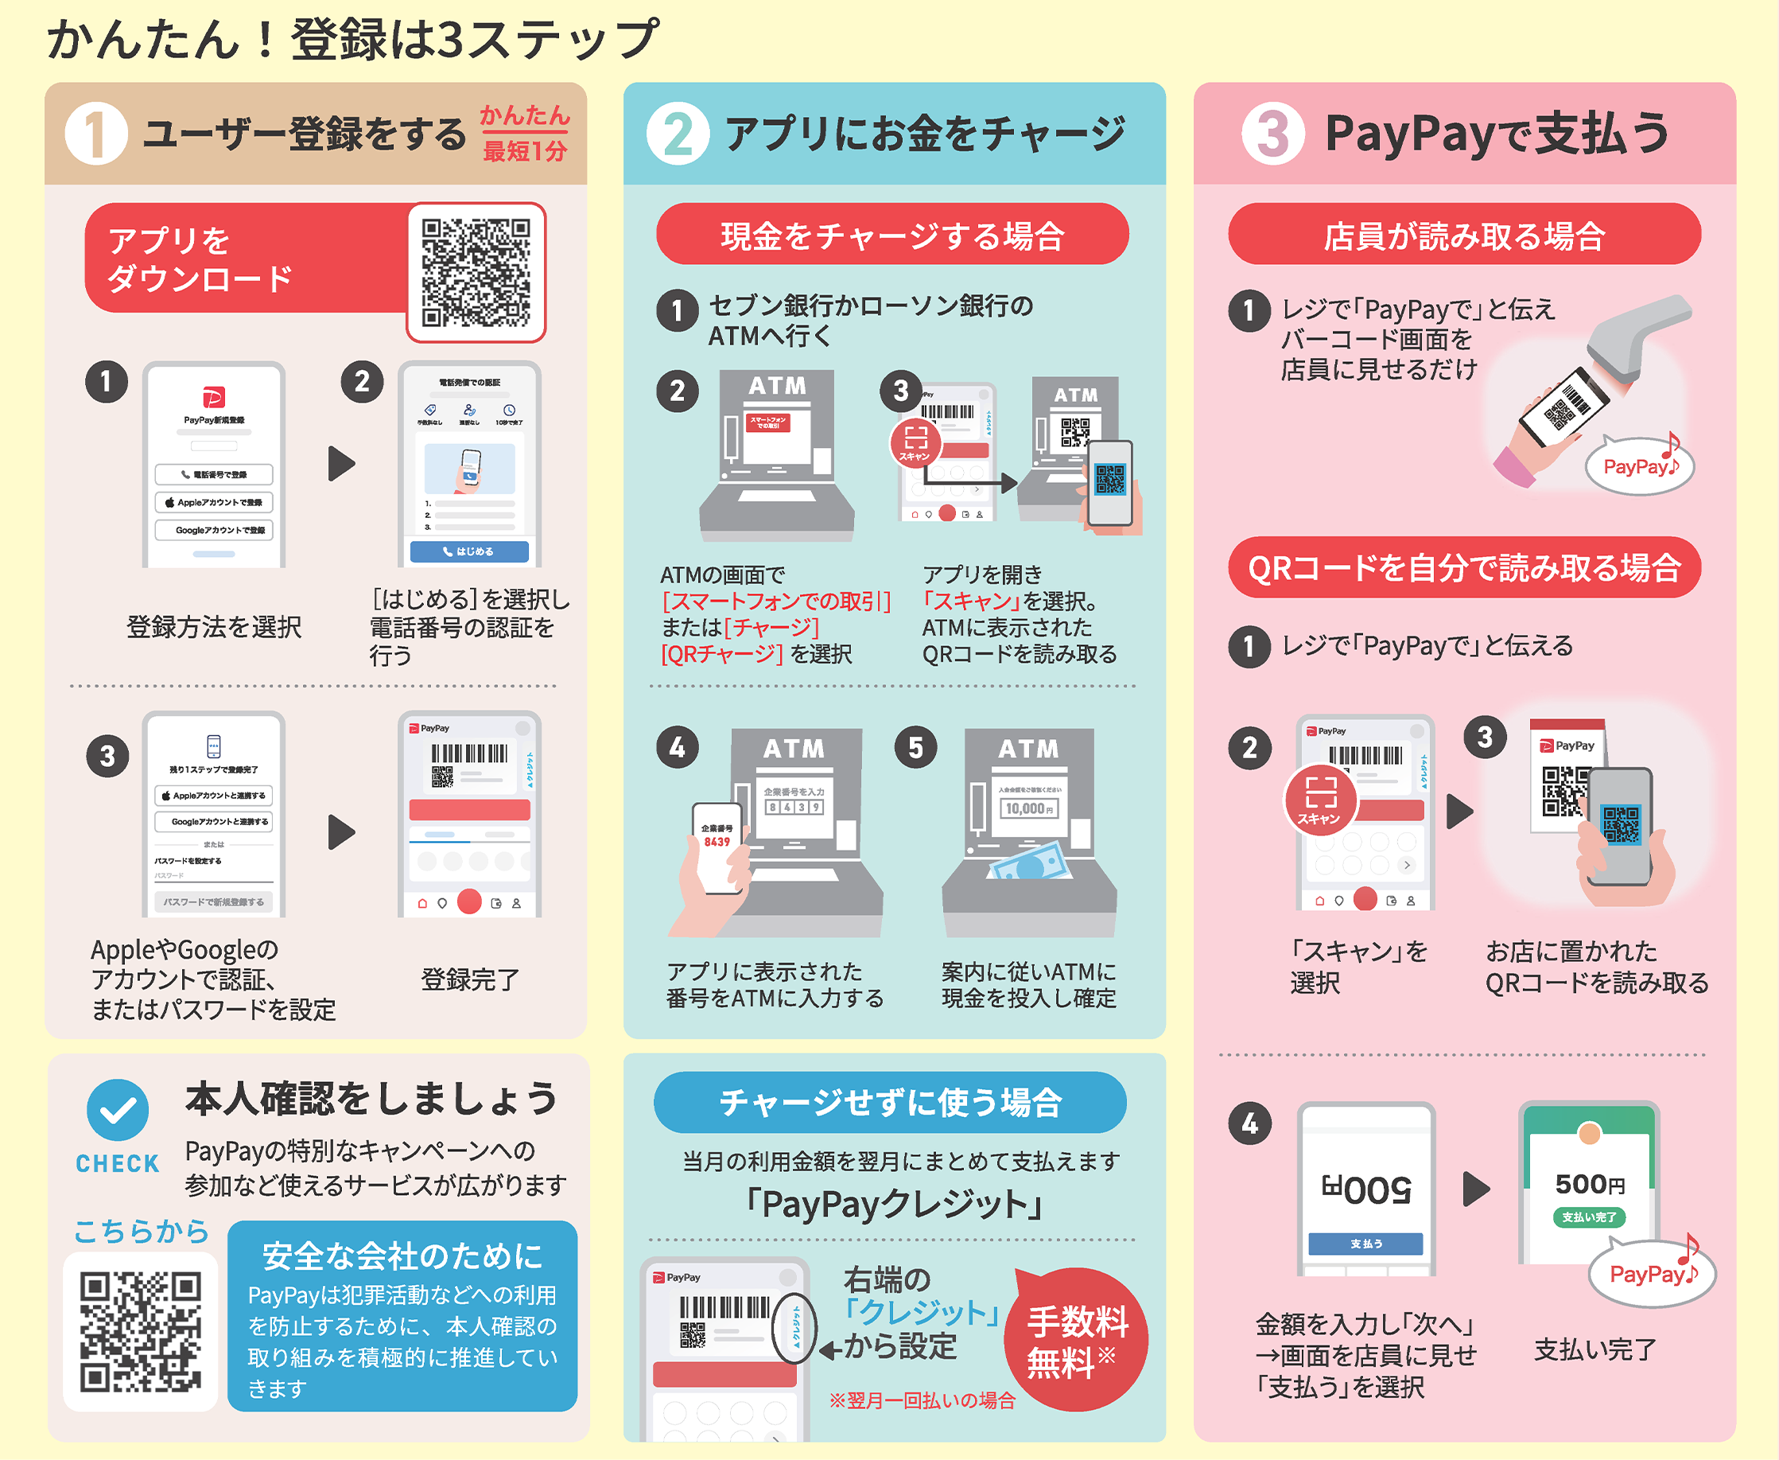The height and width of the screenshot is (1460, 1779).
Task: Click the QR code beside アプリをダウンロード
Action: coord(476,272)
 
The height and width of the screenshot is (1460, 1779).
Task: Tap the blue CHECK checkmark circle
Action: coord(118,1111)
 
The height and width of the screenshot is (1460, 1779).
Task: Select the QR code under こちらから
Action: coord(141,1331)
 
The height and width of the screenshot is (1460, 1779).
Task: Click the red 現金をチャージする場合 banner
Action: coord(892,235)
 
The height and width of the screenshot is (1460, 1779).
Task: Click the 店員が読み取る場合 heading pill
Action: coord(1464,235)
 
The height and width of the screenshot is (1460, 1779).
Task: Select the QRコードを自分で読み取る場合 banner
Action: coord(1464,567)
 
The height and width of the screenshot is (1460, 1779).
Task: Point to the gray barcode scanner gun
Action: coord(1640,337)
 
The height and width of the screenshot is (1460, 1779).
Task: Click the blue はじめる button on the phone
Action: coord(469,551)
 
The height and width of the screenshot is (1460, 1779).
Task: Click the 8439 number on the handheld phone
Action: coord(717,842)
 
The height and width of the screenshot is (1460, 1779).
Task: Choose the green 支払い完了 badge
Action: coord(1588,1217)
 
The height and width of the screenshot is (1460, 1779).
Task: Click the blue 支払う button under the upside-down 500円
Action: coord(1365,1243)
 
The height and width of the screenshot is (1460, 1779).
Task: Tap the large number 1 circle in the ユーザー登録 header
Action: coord(96,134)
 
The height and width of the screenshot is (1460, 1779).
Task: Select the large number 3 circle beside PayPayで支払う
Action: coord(1272,134)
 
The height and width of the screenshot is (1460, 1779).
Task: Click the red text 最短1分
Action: coord(525,151)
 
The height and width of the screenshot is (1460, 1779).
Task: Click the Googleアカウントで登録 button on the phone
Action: coord(214,531)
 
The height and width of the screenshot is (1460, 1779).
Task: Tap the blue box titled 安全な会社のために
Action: coord(402,1315)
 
